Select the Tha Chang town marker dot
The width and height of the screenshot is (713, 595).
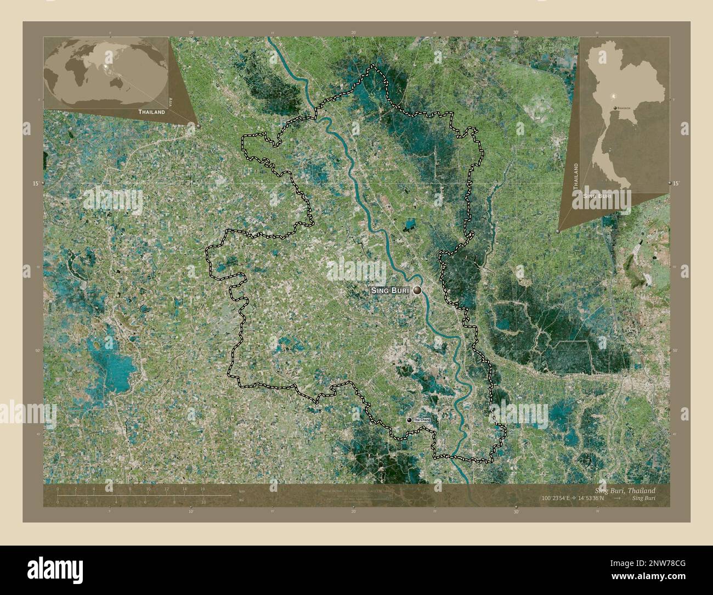click(x=409, y=419)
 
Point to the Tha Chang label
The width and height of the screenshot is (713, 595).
click(x=422, y=419)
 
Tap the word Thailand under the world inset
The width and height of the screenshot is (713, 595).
click(x=151, y=111)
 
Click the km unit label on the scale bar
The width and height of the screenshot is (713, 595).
click(x=242, y=491)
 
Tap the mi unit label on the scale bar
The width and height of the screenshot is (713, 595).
click(x=241, y=500)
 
